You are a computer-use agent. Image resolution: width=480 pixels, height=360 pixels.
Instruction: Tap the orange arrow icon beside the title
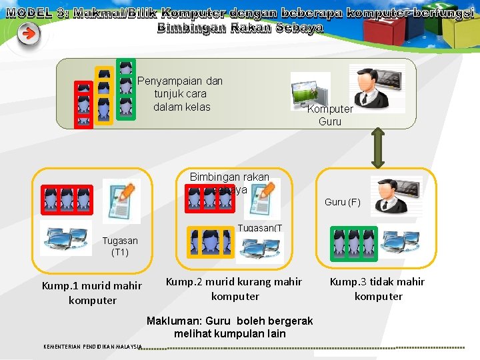(x=28, y=34)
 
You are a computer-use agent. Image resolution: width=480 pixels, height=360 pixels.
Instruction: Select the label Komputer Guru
(x=330, y=115)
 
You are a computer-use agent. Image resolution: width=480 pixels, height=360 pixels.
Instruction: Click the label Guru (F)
(x=342, y=202)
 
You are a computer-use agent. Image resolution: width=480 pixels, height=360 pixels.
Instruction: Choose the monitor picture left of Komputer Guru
(x=311, y=91)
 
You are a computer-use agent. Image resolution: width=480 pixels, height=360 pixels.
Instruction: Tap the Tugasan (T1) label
(x=120, y=246)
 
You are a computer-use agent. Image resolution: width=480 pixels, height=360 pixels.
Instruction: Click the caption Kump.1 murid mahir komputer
(x=92, y=293)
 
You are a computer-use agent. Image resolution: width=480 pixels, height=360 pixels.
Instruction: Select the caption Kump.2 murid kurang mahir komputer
(x=233, y=289)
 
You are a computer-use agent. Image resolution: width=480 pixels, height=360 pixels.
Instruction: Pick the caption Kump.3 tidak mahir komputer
(x=378, y=289)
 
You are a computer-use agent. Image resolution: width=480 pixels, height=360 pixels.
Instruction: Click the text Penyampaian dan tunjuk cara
(x=181, y=93)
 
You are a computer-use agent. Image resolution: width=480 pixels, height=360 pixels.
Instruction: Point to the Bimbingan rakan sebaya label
(x=229, y=183)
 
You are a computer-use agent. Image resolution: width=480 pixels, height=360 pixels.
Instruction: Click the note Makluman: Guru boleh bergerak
(x=229, y=327)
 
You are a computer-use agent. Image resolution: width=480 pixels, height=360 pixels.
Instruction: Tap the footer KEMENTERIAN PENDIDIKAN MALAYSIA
(x=93, y=347)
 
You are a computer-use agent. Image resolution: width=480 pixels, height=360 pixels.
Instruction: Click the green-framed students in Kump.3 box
(x=353, y=243)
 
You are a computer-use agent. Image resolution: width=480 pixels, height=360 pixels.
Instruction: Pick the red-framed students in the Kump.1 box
(x=67, y=198)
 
